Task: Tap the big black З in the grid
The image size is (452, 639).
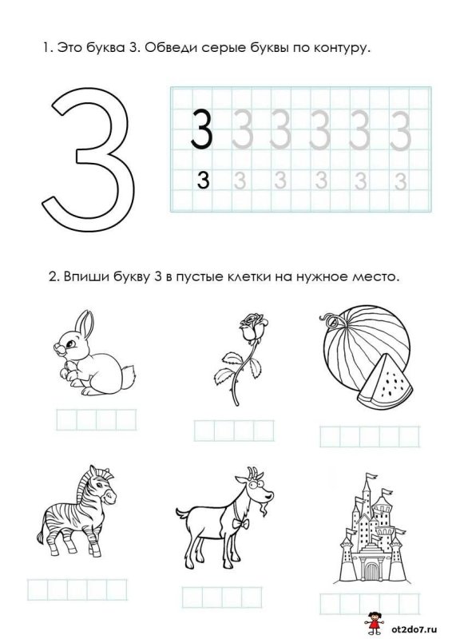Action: [x=201, y=129]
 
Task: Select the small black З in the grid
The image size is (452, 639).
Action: [x=203, y=181]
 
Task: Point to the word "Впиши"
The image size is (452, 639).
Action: [x=85, y=276]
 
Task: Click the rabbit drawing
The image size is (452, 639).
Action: [x=94, y=352]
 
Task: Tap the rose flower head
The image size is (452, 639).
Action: [x=253, y=327]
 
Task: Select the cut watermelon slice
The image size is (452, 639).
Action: [x=385, y=382]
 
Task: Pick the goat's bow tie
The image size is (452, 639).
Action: [x=240, y=523]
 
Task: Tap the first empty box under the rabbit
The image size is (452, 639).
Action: [x=66, y=420]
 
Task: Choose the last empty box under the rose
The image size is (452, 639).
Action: [x=264, y=431]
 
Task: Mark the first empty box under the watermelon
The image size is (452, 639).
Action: [x=330, y=437]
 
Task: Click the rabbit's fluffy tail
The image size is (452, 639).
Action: [x=129, y=374]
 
